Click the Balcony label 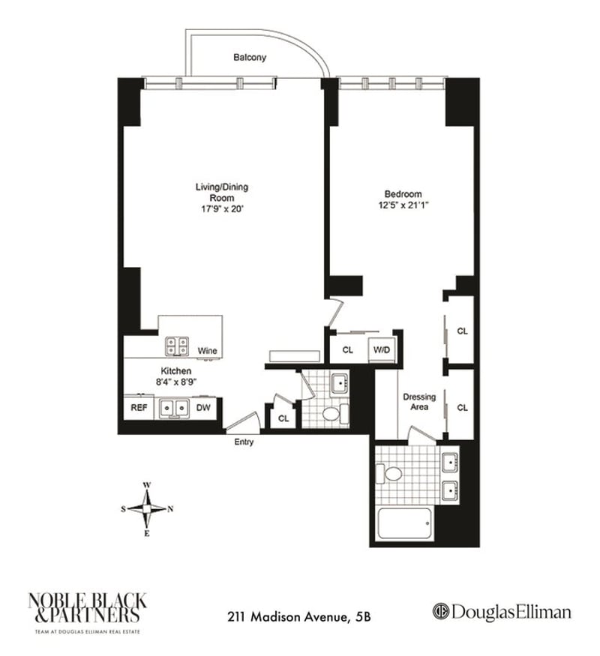pyautogui.click(x=249, y=57)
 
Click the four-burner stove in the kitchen pyautogui.click(x=178, y=346)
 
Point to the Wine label pyautogui.click(x=207, y=351)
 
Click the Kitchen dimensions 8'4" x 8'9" pyautogui.click(x=175, y=382)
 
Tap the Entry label pyautogui.click(x=244, y=442)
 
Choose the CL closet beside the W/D pyautogui.click(x=348, y=350)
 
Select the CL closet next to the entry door pyautogui.click(x=283, y=418)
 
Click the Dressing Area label pyautogui.click(x=419, y=402)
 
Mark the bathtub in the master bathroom pyautogui.click(x=404, y=523)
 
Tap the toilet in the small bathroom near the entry pyautogui.click(x=333, y=413)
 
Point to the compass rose pyautogui.click(x=147, y=509)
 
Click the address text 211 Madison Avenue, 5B pyautogui.click(x=299, y=618)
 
